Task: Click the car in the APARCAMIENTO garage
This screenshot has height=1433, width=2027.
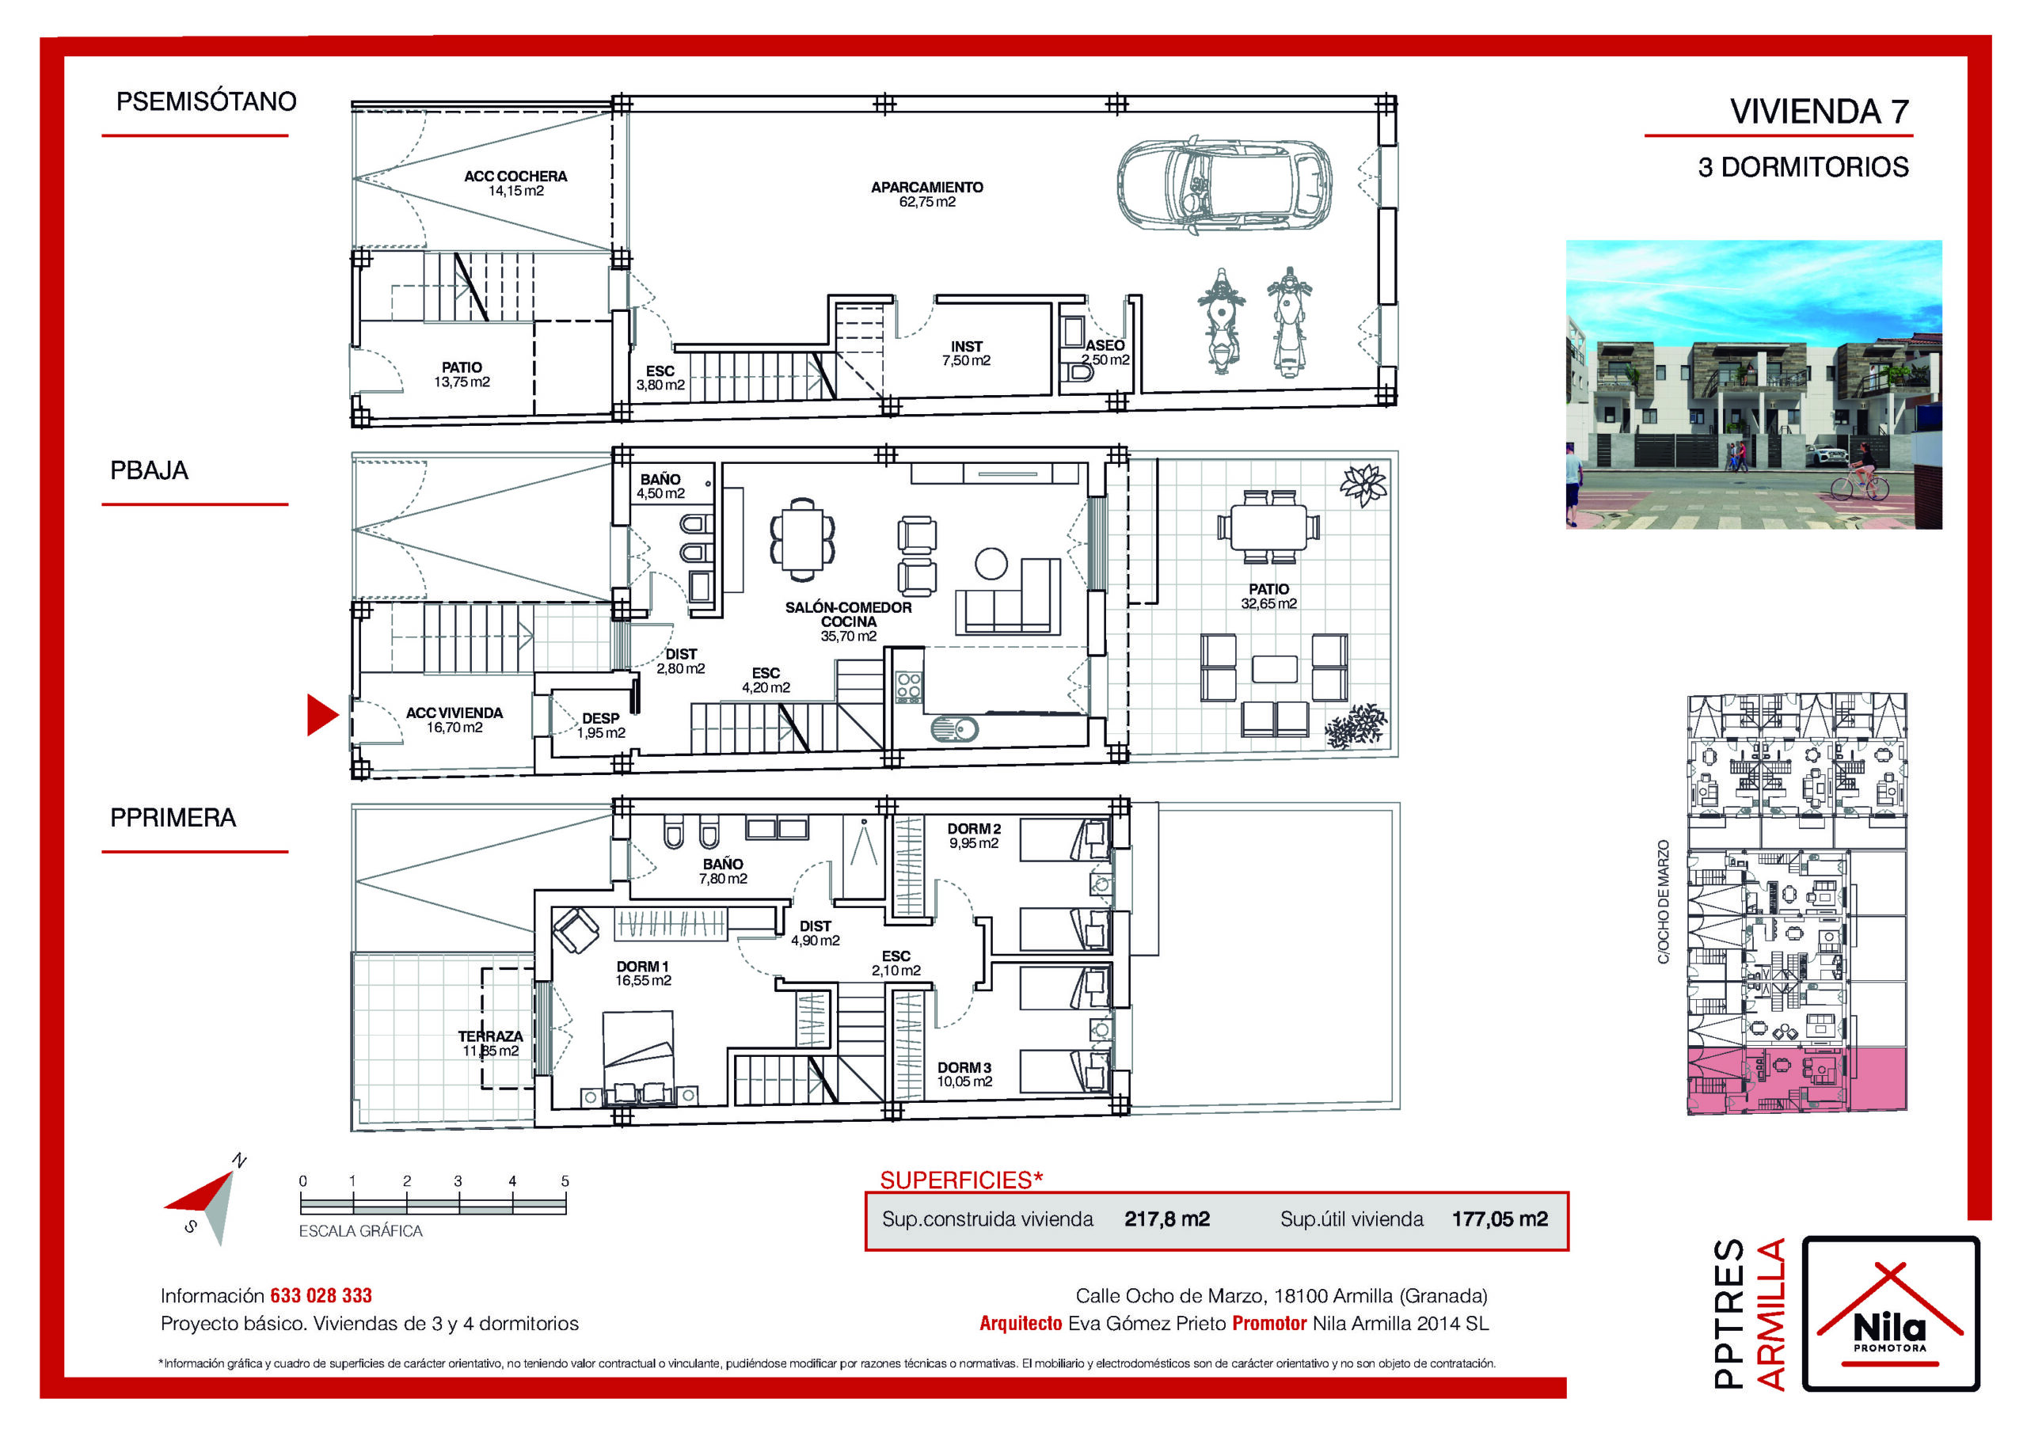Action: tap(1224, 185)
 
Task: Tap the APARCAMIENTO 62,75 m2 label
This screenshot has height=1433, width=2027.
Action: tap(927, 194)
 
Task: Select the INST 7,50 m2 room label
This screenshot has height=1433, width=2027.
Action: tap(966, 353)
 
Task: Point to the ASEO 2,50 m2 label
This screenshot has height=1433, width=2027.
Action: tap(1105, 352)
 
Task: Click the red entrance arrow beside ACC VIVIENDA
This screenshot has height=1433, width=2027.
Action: tap(322, 714)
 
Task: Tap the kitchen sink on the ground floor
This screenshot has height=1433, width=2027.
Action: tap(954, 729)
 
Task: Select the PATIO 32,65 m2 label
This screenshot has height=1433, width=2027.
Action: tap(1268, 596)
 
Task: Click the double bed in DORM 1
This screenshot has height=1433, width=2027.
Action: tap(637, 1058)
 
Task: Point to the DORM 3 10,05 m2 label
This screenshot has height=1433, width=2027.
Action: tap(964, 1074)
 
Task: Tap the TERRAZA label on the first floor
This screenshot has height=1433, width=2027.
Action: tap(490, 1036)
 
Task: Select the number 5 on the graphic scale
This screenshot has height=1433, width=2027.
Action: tap(565, 1180)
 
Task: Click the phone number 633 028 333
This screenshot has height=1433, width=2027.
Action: tap(321, 1295)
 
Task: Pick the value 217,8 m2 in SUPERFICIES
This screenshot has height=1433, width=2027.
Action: tap(1167, 1218)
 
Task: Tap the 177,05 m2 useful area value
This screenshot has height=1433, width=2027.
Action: tap(1500, 1218)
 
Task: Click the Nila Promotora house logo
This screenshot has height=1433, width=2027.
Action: tap(1890, 1313)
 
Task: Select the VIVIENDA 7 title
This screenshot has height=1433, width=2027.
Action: tap(1820, 112)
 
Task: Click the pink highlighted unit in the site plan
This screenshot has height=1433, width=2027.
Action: tap(1797, 1080)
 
